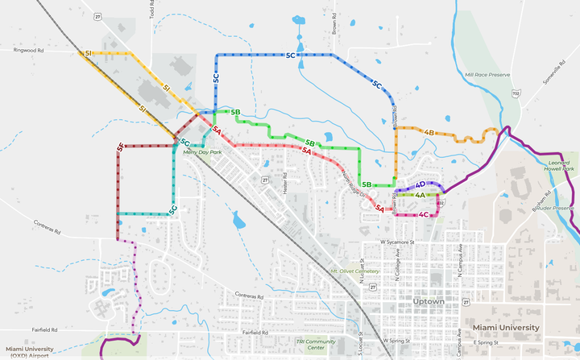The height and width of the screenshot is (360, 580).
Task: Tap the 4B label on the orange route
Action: (429, 132)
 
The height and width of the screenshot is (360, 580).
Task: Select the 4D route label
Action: (420, 184)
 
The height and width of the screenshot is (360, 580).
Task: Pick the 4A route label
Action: (420, 195)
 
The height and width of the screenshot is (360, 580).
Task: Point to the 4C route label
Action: (424, 215)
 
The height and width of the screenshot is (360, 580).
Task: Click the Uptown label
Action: (427, 301)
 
